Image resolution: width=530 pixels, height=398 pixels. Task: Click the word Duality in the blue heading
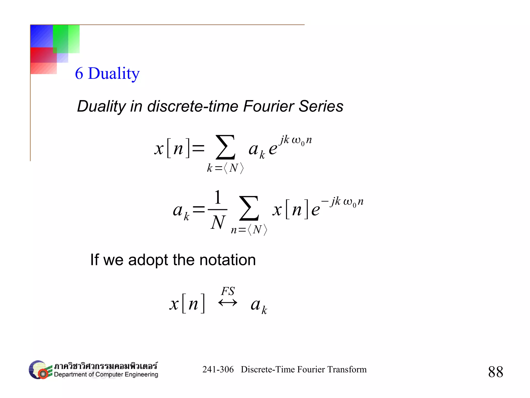[x=114, y=73]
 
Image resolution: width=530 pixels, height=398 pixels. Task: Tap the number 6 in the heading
[x=79, y=73]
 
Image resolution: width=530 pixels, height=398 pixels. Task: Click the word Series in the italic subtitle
[x=321, y=106]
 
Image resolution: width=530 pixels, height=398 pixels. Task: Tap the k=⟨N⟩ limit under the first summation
[x=225, y=168]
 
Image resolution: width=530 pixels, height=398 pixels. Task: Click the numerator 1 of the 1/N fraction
[x=218, y=197]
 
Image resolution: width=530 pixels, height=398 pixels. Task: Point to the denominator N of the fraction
[x=218, y=222]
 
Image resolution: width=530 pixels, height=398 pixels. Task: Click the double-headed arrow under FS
[x=228, y=303]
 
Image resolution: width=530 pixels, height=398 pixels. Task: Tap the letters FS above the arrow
[x=228, y=291]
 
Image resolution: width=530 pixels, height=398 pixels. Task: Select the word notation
[x=227, y=260]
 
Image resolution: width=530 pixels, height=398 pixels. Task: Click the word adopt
[x=148, y=260]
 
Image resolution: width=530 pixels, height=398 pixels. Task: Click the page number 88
[x=496, y=372]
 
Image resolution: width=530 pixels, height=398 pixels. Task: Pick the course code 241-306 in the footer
[x=218, y=369]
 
